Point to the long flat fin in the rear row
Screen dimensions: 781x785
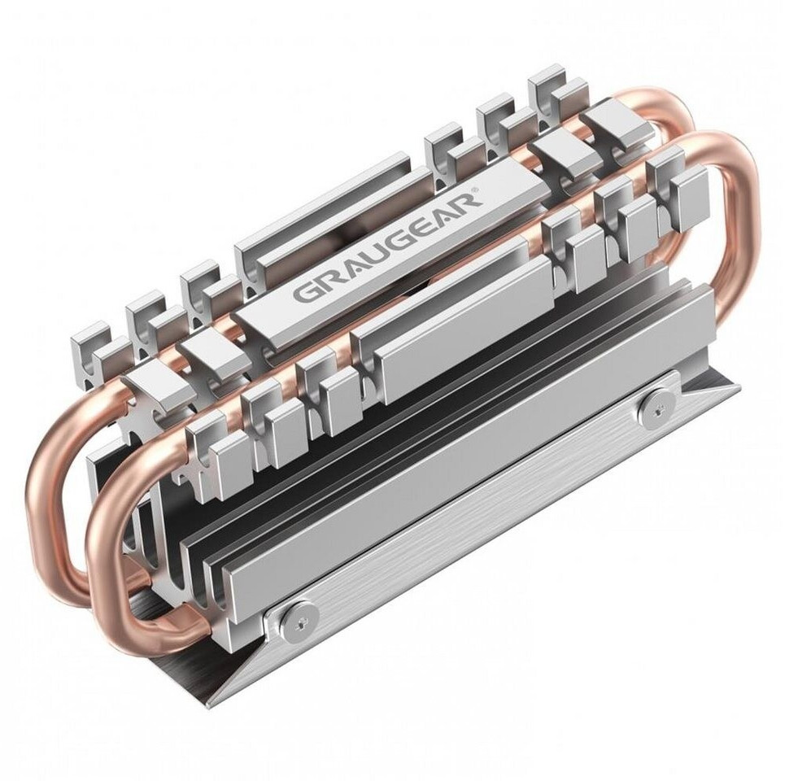pos(334,220)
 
